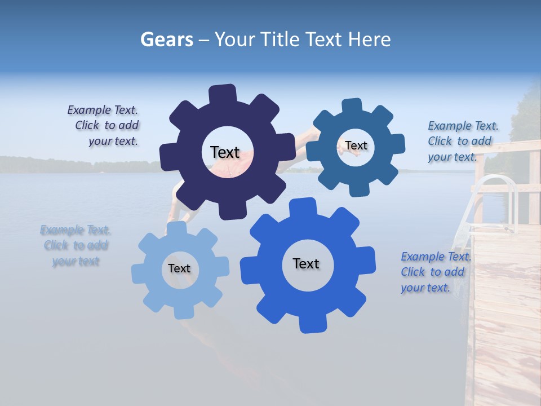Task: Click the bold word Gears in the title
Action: pos(166,39)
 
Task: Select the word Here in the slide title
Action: pos(369,39)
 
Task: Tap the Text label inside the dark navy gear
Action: pos(225,152)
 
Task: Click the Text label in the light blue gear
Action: pos(179,268)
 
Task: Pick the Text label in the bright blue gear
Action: pos(306,263)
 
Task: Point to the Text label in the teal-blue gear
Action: pos(356,145)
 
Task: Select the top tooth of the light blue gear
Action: pos(177,228)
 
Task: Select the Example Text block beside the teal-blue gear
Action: pos(462,141)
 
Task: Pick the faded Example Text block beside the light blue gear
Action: pos(76,245)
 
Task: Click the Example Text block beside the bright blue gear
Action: pos(435,272)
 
